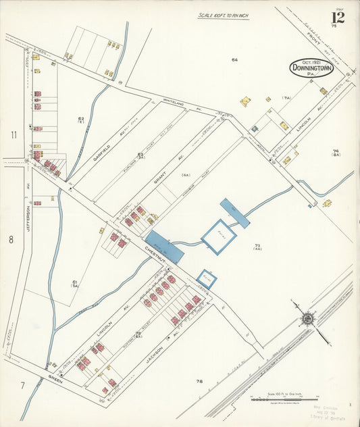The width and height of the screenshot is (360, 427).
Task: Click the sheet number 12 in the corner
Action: point(338,17)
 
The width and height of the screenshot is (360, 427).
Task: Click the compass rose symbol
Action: point(308,317)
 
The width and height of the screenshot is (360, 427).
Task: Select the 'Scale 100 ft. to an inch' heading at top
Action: point(224,15)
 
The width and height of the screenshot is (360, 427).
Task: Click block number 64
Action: point(234,60)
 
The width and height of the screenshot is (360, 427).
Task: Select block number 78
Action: point(199,382)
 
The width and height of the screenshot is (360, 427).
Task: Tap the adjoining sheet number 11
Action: point(13,134)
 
